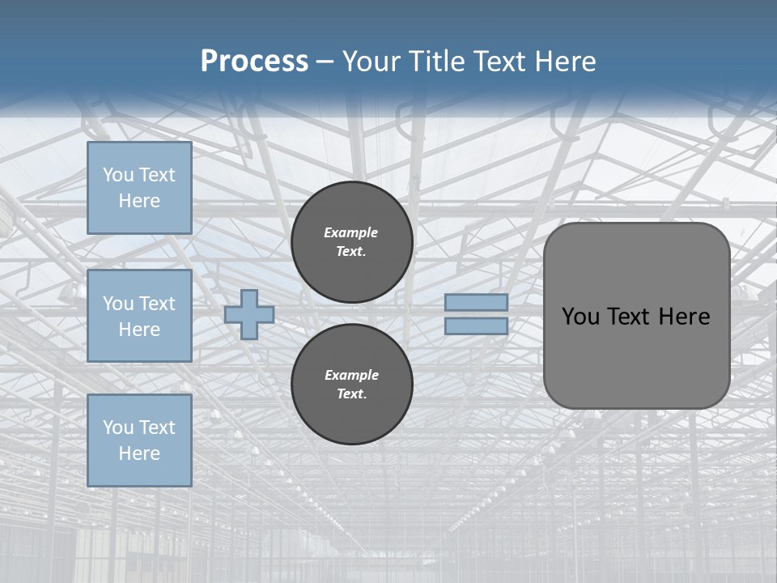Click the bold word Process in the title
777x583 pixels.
coord(254,62)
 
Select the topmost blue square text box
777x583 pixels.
coord(139,188)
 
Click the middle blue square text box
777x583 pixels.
coord(139,316)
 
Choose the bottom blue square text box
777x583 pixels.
coord(139,440)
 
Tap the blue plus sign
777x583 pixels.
coord(249,314)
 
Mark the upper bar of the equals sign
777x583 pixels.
coord(477,303)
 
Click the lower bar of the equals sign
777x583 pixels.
coord(477,326)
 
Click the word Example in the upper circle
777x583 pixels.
coord(351,232)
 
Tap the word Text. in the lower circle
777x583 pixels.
coord(351,394)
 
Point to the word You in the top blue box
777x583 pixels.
coord(117,175)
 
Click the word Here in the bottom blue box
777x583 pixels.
coord(139,453)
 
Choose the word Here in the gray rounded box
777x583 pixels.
coord(685,317)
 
